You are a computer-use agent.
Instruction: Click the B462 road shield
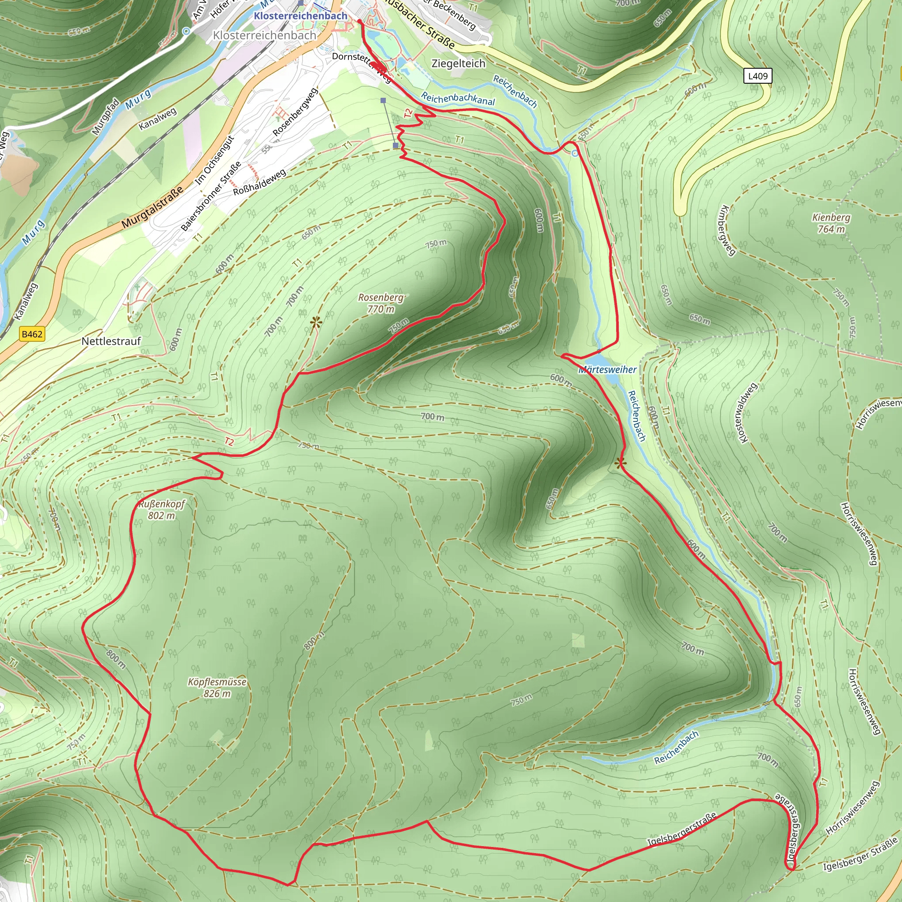[x=32, y=334]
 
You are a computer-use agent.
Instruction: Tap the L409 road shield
[x=757, y=76]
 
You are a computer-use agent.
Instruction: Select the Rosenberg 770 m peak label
[x=381, y=303]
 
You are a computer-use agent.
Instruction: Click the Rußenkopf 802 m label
[x=162, y=510]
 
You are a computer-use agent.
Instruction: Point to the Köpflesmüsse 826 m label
[x=217, y=688]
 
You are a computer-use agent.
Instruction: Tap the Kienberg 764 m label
[x=831, y=223]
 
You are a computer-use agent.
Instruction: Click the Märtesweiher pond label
[x=607, y=370]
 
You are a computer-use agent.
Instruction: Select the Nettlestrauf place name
[x=111, y=341]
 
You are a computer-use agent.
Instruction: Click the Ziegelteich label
[x=458, y=63]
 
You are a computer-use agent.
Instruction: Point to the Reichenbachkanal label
[x=458, y=99]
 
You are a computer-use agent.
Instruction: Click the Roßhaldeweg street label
[x=259, y=182]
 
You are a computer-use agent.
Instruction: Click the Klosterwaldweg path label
[x=746, y=413]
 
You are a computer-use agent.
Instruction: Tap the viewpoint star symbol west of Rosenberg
[x=316, y=322]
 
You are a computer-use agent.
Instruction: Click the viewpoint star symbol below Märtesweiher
[x=620, y=463]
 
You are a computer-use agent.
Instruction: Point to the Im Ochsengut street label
[x=214, y=160]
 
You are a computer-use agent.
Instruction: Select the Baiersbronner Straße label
[x=211, y=196]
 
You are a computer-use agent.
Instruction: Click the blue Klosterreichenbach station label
[x=301, y=16]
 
